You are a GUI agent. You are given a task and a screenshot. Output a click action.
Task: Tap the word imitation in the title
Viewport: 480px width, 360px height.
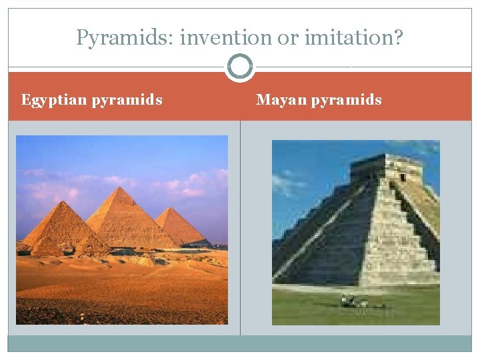click(345, 39)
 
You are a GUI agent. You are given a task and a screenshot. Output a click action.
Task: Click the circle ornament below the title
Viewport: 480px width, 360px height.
click(240, 67)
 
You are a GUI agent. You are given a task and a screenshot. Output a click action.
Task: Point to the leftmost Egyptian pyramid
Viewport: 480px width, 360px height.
click(63, 230)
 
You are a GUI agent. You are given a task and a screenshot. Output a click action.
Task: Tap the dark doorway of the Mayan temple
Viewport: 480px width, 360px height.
click(401, 177)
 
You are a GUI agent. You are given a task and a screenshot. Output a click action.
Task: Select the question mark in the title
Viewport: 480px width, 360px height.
click(397, 38)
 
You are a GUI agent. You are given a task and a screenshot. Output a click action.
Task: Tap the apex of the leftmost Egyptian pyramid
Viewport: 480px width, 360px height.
click(65, 201)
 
